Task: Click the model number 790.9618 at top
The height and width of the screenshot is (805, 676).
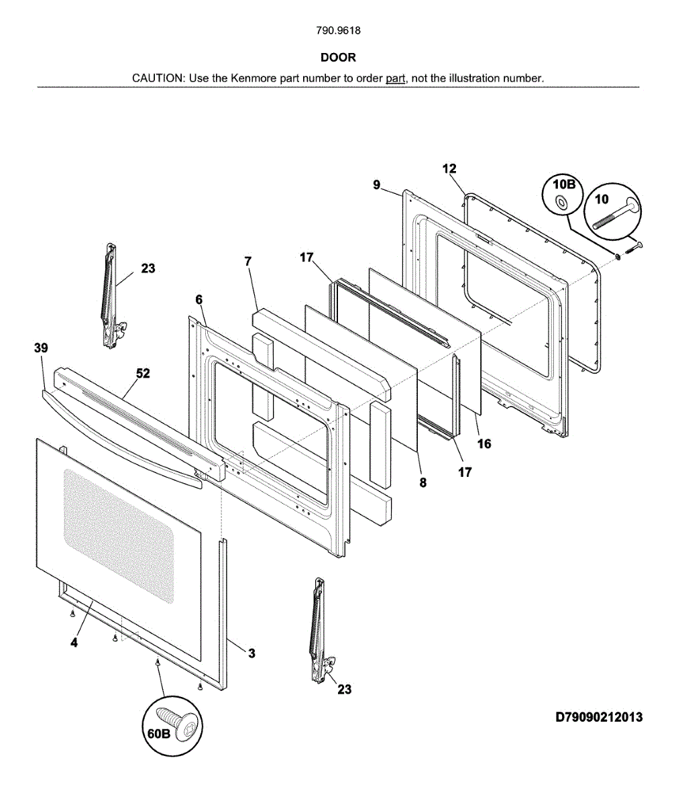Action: [338, 31]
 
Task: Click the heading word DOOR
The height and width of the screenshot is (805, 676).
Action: [338, 58]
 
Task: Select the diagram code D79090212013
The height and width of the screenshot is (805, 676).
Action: [598, 717]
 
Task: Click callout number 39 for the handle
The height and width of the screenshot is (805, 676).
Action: [41, 347]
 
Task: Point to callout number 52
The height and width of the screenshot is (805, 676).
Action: [144, 374]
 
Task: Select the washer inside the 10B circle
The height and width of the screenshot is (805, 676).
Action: [561, 201]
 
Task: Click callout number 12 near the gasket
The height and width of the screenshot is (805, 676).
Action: [449, 168]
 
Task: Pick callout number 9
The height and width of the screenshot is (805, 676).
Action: [377, 184]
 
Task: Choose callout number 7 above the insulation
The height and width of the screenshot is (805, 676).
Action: [248, 262]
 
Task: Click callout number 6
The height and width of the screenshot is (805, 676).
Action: [199, 300]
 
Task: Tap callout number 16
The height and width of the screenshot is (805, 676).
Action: [484, 443]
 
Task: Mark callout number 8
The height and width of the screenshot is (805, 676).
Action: [423, 481]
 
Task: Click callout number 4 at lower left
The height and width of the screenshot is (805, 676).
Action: [74, 642]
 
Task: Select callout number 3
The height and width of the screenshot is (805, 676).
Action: [251, 653]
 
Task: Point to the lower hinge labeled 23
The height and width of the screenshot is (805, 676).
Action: [320, 631]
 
